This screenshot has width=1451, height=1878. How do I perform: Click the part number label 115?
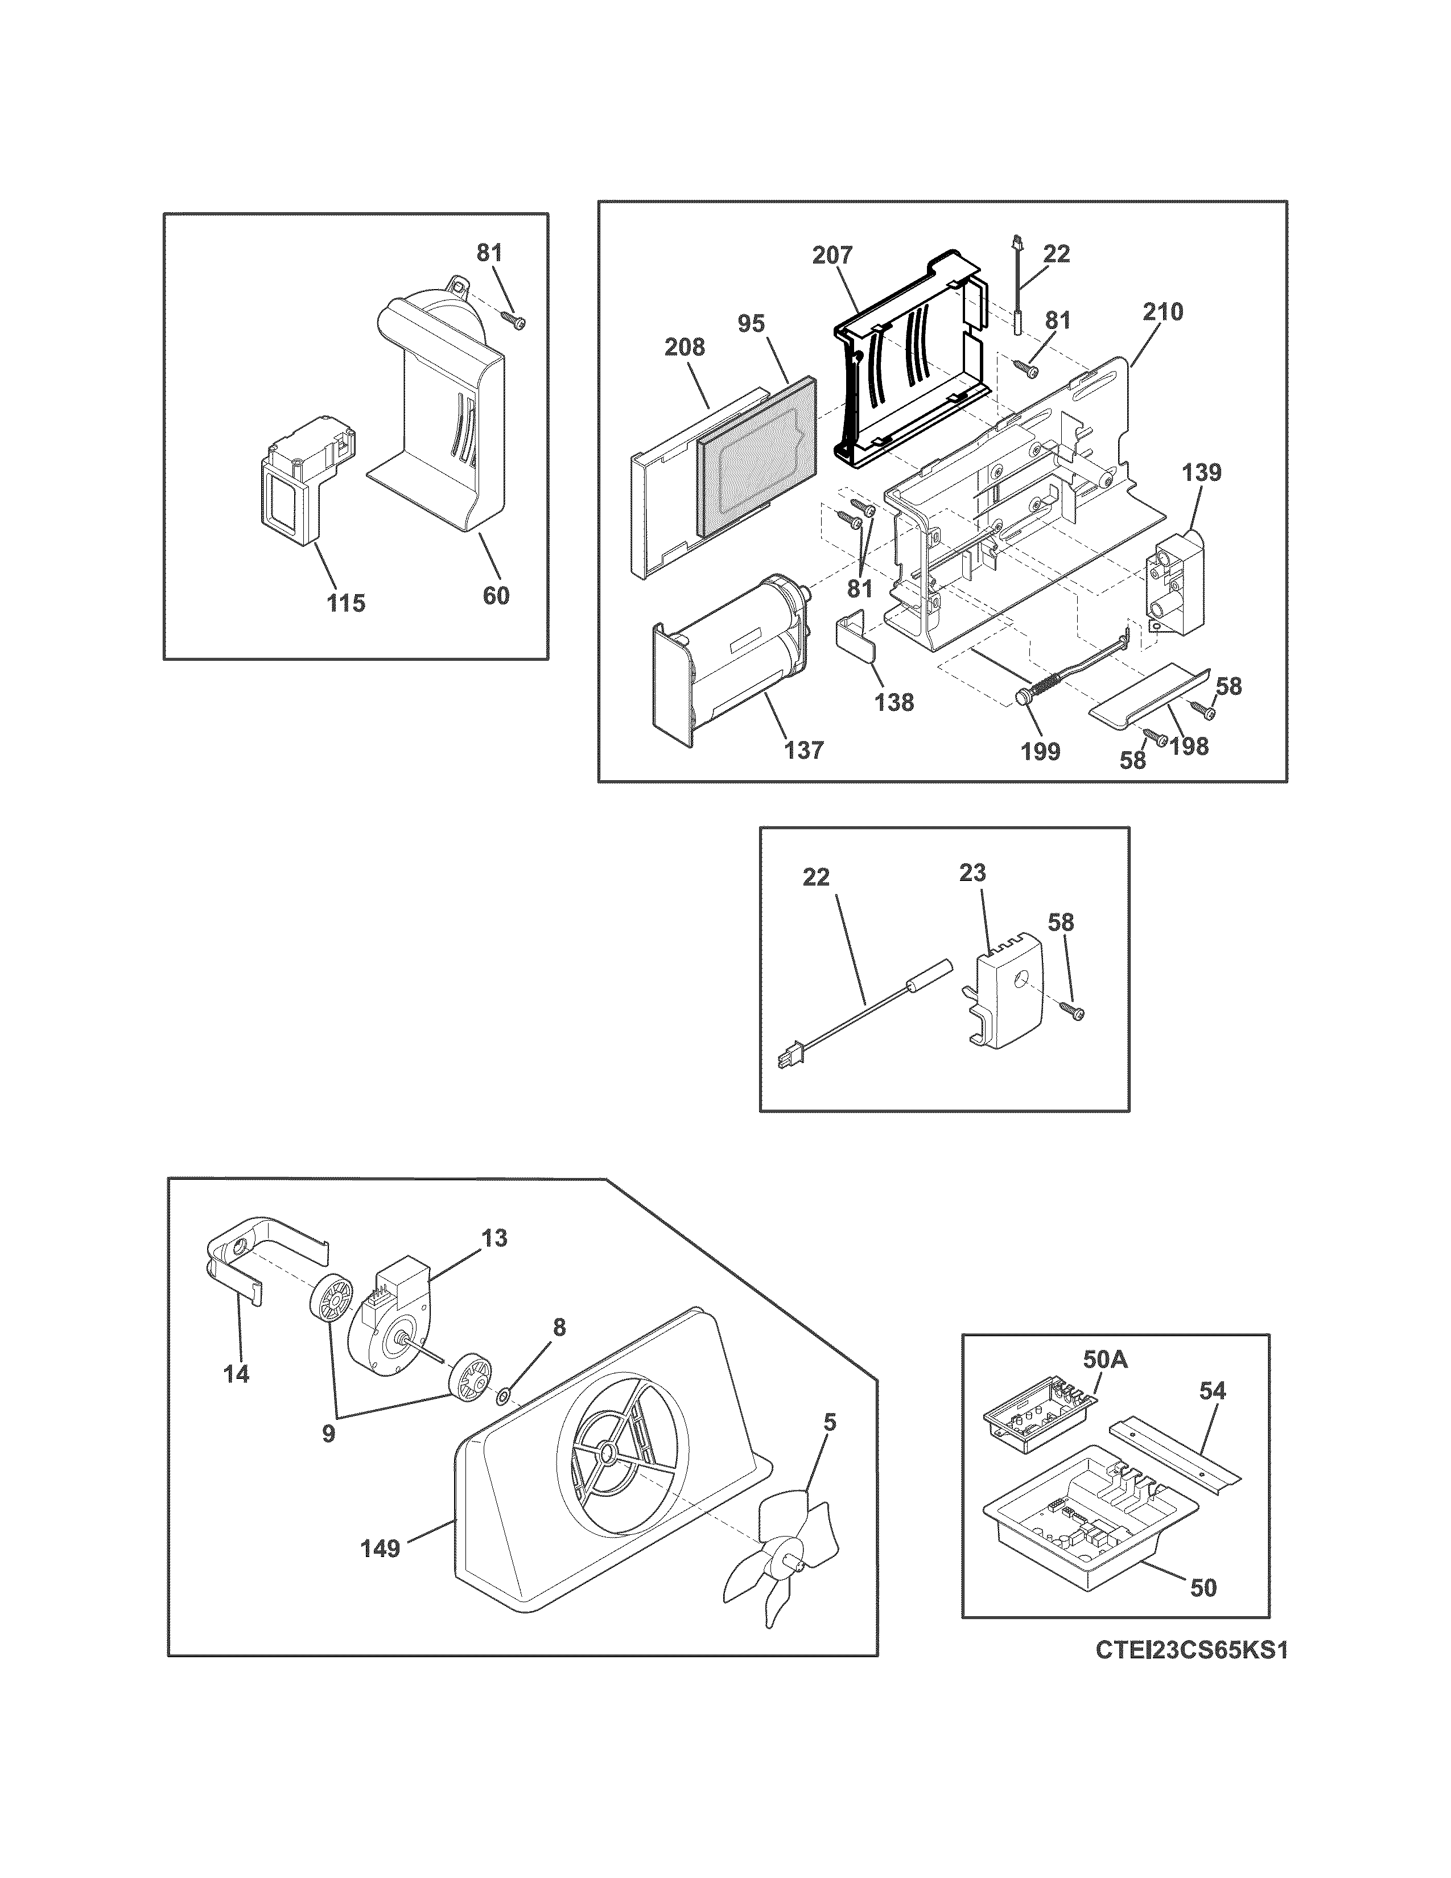pos(345,603)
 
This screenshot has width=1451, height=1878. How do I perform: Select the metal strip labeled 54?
pos(1176,1454)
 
